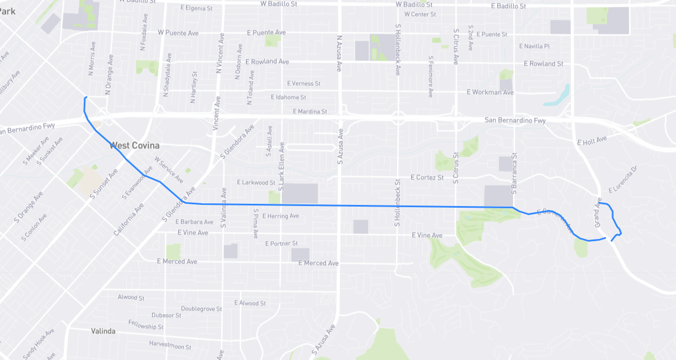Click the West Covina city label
[x=135, y=145]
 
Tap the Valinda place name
[x=104, y=331]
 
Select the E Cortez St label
[x=427, y=178]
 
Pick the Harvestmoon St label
[x=170, y=344]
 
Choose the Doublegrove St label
[x=201, y=309]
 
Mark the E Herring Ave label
[x=281, y=216]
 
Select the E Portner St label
[x=281, y=243]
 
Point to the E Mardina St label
[x=309, y=112]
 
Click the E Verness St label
[x=304, y=84]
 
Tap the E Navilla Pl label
[x=534, y=46]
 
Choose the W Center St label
[x=420, y=14]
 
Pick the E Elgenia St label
[x=196, y=8]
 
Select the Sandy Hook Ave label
[x=39, y=343]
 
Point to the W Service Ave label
[x=169, y=170]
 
